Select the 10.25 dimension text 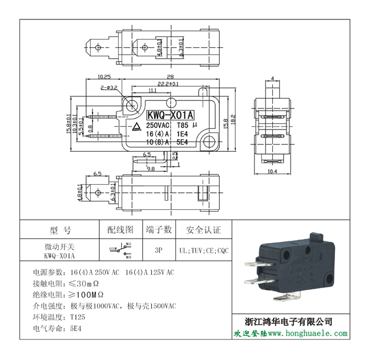tap(103, 76)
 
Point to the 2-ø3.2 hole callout tap(108, 88)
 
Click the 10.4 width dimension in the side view tap(272, 171)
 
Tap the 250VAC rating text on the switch tap(158, 125)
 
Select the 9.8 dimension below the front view tap(151, 169)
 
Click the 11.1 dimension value tap(152, 91)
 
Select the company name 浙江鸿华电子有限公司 tap(288, 321)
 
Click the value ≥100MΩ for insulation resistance tap(86, 294)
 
